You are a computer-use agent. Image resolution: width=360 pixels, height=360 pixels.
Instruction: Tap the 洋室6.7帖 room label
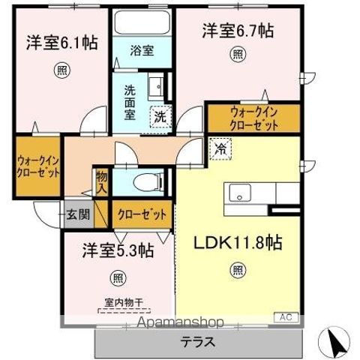coord(237,31)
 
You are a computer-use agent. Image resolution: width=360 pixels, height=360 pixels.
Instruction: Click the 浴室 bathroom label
coord(142,51)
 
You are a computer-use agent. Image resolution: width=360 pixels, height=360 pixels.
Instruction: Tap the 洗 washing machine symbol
coord(160,116)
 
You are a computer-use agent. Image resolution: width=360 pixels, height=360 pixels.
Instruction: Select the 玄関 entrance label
coord(77,214)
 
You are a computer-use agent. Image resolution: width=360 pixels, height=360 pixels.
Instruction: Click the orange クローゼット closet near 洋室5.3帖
coord(142,214)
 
